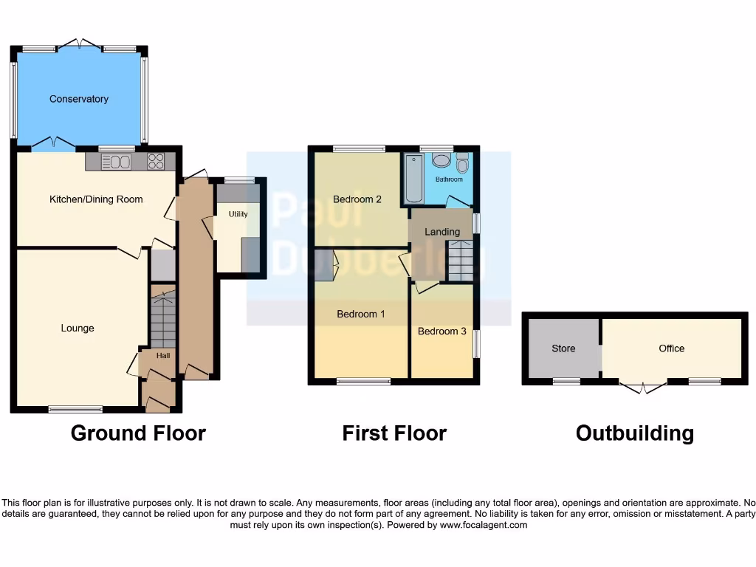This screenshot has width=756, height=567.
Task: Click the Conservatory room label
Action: pos(79,99)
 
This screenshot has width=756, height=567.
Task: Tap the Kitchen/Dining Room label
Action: pos(96,199)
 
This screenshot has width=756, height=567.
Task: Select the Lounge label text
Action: pos(78,329)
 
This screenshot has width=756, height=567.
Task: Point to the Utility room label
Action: pos(238,214)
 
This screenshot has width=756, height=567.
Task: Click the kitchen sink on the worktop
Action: pos(117,162)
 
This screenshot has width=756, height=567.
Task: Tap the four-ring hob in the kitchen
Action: pos(156,161)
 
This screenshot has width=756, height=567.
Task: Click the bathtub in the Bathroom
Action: pos(411,179)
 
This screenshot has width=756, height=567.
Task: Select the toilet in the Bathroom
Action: pos(462,162)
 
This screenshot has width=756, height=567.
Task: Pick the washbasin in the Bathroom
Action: pos(441,159)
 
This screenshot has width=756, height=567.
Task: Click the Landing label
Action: pos(442,232)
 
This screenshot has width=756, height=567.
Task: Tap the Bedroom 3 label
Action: pos(442,331)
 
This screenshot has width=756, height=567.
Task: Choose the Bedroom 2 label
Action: pos(357,199)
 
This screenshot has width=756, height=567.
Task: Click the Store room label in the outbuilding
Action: pos(563,348)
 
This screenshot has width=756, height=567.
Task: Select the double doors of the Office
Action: pos(642,386)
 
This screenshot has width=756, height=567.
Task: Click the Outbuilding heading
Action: pos(635,433)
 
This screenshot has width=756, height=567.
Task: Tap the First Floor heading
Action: pos(394,433)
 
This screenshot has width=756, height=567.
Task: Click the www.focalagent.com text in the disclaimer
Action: pos(484,525)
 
